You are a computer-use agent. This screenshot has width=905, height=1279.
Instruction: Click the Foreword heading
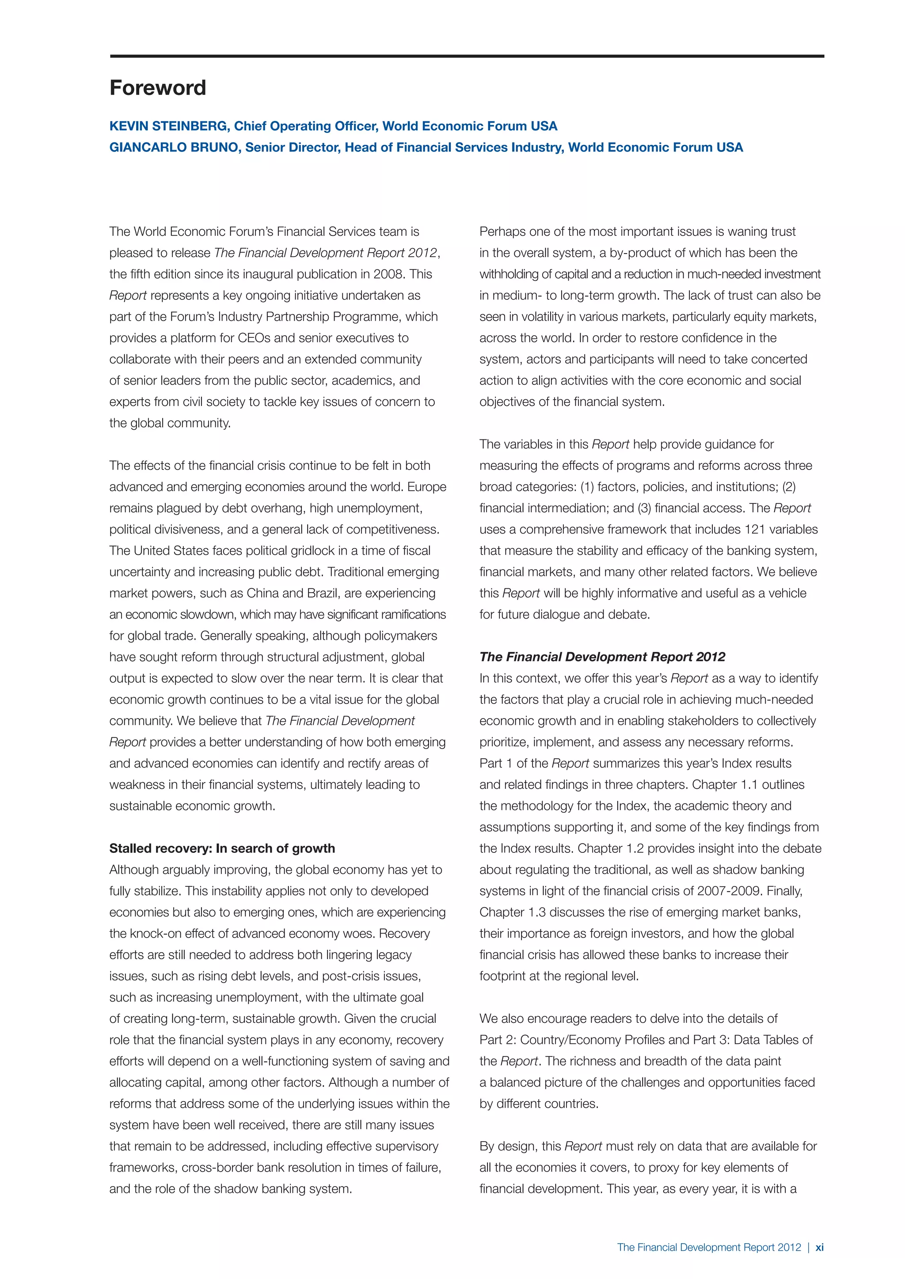point(158,88)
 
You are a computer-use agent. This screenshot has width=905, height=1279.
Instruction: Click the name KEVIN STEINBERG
point(168,126)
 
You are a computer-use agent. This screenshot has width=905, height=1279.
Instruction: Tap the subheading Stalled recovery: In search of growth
point(222,848)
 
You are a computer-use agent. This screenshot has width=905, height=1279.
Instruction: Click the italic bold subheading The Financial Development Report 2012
point(602,657)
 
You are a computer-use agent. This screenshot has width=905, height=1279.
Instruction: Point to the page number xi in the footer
point(819,1247)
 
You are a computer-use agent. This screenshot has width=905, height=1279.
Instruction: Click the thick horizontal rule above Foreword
point(467,56)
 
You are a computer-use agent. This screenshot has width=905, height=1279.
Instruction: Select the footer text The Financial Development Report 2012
point(708,1247)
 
